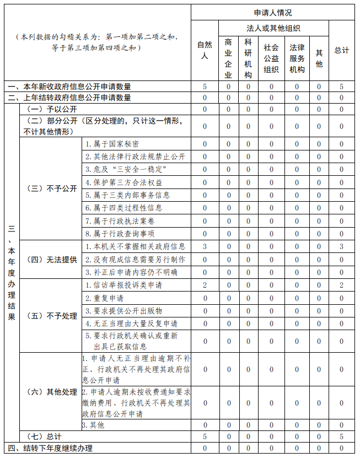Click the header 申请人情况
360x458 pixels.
tap(273, 12)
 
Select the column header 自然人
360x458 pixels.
tap(205, 50)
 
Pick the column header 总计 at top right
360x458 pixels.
tap(342, 50)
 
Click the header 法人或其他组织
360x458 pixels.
tap(273, 28)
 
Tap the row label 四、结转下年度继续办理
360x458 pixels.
tap(50, 448)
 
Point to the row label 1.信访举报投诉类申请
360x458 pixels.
tap(123, 285)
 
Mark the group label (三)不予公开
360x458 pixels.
tap(52, 188)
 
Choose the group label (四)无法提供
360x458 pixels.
tap(52, 259)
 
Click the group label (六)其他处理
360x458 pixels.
tap(52, 392)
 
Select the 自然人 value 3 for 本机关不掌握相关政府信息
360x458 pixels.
tap(205, 246)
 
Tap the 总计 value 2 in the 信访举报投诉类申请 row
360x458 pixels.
tap(342, 285)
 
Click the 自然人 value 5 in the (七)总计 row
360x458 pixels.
tap(205, 436)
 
